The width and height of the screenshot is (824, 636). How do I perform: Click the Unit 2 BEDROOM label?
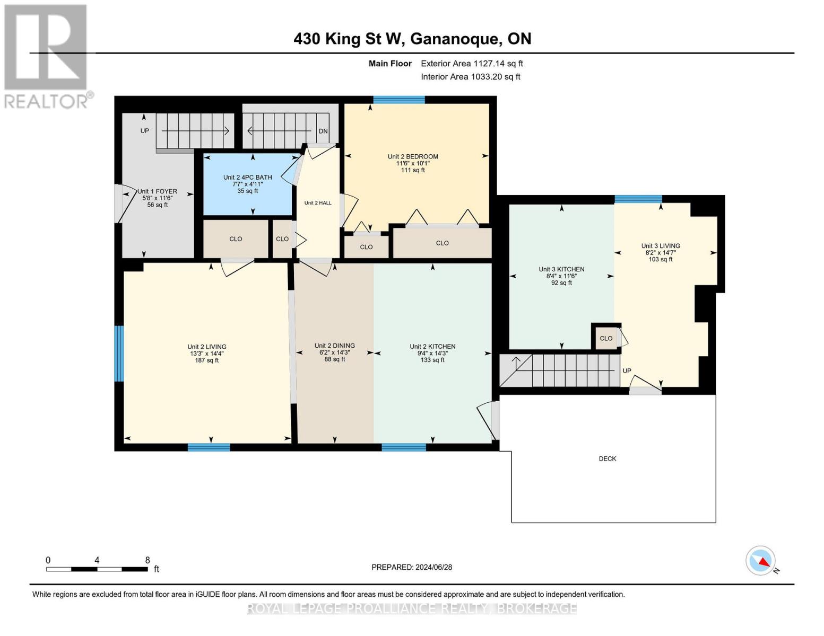(413, 156)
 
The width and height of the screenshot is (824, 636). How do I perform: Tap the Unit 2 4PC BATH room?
(247, 184)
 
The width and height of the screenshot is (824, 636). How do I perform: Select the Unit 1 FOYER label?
(157, 191)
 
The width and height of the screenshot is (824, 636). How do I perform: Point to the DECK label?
(607, 458)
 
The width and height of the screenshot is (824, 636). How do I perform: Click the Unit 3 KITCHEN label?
(561, 269)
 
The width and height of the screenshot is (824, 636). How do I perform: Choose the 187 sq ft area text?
(206, 360)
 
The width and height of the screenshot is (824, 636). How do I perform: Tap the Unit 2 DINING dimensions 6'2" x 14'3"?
(334, 352)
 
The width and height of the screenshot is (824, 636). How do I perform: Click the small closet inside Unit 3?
(606, 338)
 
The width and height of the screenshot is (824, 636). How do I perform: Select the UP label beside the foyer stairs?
(144, 130)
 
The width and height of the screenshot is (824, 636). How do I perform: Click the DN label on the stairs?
(323, 131)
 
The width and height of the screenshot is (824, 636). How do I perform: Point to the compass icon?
(761, 561)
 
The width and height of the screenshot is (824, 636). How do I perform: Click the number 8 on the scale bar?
(148, 560)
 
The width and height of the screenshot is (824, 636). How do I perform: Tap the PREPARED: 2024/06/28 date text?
(412, 567)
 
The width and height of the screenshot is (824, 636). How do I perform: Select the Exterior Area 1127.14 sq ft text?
(472, 64)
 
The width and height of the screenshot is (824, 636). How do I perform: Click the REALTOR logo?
(47, 56)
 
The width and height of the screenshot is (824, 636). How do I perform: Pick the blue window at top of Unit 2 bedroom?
(399, 100)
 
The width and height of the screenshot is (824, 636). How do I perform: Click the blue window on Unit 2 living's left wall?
(119, 354)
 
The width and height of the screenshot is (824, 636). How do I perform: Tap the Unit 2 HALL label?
(318, 203)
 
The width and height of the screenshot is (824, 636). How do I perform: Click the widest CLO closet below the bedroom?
(442, 243)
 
